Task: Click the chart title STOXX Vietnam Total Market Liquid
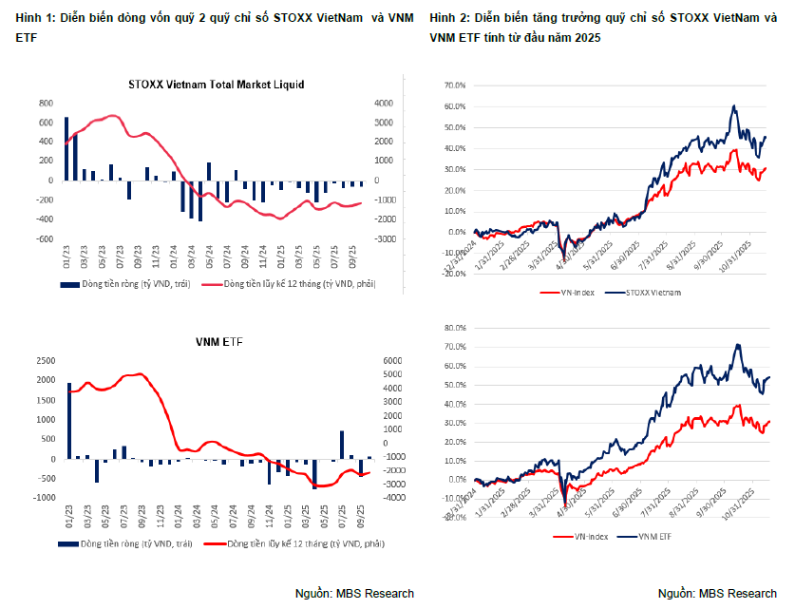(x=216, y=85)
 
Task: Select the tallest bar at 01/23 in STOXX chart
(x=66, y=148)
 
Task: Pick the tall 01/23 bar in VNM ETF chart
(x=68, y=421)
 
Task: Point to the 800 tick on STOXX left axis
(x=46, y=104)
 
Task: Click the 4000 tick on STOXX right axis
(x=383, y=104)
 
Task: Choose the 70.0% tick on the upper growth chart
(x=454, y=85)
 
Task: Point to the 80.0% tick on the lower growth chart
(x=454, y=328)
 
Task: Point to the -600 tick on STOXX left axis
(x=44, y=238)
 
